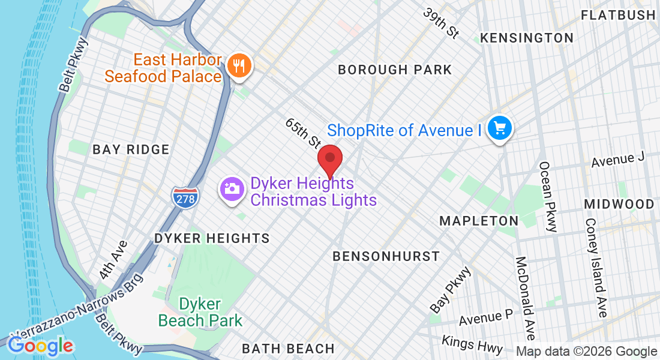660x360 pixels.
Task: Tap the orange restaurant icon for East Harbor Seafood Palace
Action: [x=240, y=66]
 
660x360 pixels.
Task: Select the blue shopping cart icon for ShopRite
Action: [x=499, y=129]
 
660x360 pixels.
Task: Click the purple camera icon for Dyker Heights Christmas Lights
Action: [x=232, y=190]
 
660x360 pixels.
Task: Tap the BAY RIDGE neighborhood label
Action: [x=131, y=149]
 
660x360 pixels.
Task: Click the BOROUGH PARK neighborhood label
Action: [x=394, y=70]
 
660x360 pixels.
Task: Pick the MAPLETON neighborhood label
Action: [x=478, y=221]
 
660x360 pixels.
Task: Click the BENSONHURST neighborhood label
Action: [x=386, y=257]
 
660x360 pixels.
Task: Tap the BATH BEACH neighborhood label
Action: [x=288, y=349]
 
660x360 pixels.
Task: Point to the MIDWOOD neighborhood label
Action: [x=619, y=205]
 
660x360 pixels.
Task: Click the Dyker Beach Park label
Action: [x=200, y=311]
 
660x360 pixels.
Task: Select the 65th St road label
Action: [x=303, y=133]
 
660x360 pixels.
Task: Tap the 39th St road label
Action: [x=441, y=23]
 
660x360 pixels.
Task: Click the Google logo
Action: [x=40, y=346]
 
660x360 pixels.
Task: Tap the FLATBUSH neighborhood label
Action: [x=618, y=15]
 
